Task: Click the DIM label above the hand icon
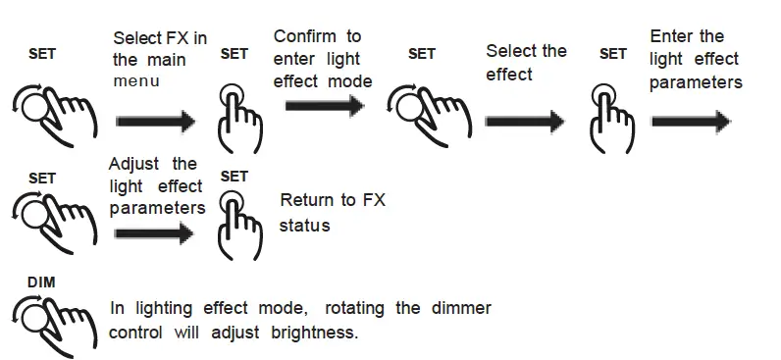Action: coord(42,283)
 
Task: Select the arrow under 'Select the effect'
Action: coord(525,121)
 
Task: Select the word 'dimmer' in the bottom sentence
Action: coord(461,308)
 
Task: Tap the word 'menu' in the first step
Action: coord(135,82)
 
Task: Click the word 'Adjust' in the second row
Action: coord(134,164)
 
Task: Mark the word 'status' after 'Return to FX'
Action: coord(305,226)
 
